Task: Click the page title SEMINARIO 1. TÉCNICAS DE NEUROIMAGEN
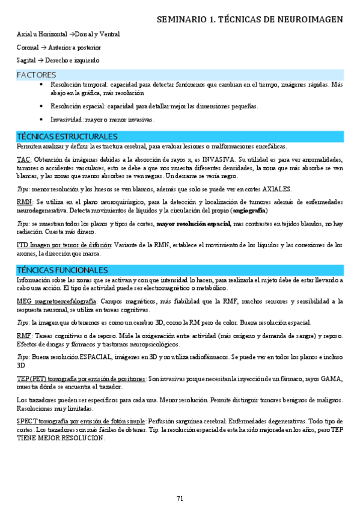(249, 20)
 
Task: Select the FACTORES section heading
(36, 75)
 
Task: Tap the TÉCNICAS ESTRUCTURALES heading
(67, 137)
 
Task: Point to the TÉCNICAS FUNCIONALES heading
(63, 270)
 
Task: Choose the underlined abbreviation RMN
(25, 202)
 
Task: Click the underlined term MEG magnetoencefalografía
(56, 301)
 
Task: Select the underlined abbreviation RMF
(25, 335)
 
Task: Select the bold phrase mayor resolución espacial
(194, 224)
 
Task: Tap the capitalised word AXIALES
(274, 189)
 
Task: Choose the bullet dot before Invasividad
(40, 119)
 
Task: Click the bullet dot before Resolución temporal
(40, 85)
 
